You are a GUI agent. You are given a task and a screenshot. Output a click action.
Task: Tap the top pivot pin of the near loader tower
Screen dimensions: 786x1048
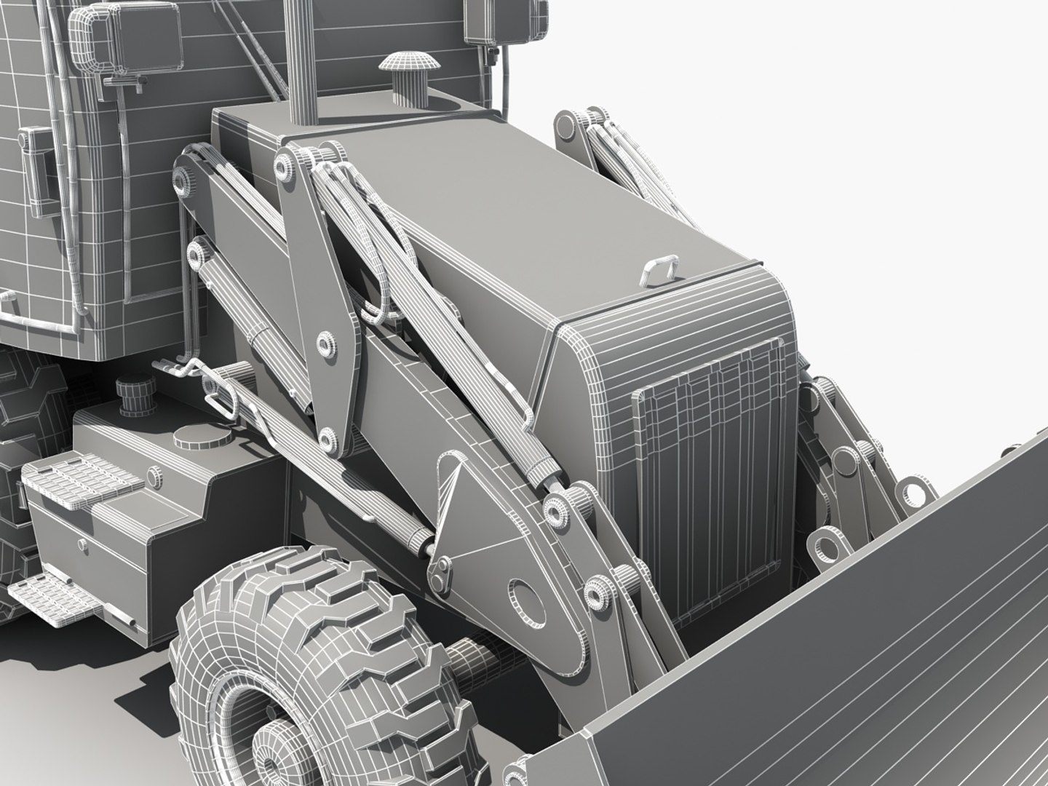(285, 166)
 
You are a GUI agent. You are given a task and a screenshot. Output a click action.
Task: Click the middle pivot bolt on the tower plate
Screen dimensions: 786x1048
(326, 343)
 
